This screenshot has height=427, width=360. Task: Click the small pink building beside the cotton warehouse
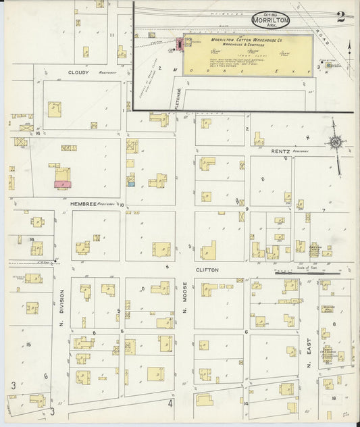point(180,45)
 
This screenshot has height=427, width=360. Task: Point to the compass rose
point(334,142)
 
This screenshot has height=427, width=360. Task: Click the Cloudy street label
point(78,72)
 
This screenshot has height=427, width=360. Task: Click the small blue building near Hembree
point(132,182)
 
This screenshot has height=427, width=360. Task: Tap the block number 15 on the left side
point(28,345)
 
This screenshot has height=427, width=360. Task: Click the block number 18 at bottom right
point(334,399)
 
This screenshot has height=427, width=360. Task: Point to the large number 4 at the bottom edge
point(171,404)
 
